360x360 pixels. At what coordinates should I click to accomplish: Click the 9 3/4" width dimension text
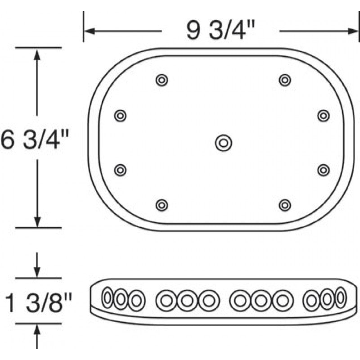coord(220,31)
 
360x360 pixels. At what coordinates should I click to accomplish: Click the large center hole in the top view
coord(223,143)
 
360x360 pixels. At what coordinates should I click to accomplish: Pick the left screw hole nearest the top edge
coord(162,81)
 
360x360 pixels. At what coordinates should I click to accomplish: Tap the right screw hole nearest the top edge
coord(284,81)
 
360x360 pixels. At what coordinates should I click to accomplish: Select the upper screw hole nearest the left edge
coord(120,116)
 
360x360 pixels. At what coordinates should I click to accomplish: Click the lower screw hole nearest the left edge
coord(120,170)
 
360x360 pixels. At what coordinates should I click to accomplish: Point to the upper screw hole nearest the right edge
coord(323,116)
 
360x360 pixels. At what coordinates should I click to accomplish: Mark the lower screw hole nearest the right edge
coord(323,170)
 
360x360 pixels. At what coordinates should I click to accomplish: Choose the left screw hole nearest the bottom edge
coord(162,206)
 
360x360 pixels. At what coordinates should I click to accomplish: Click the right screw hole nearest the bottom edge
coord(284,206)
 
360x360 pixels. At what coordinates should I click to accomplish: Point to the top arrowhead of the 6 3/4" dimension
coord(37,53)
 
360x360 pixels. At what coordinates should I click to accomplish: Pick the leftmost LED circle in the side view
coord(108,298)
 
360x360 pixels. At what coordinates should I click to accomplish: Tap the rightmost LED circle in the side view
coord(341,298)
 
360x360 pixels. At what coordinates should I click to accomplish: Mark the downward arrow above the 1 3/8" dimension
coord(37,272)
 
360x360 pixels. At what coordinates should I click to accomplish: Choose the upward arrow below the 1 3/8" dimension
coord(37,330)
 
